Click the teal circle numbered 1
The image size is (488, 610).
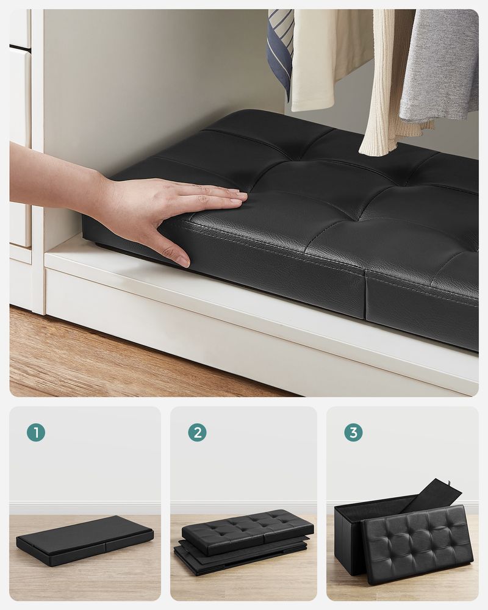pos(36,432)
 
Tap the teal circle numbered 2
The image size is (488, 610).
pos(197,432)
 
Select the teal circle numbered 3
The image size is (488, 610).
pos(353,432)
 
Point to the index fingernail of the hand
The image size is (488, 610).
pos(239,196)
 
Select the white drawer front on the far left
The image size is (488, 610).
pos(20,146)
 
